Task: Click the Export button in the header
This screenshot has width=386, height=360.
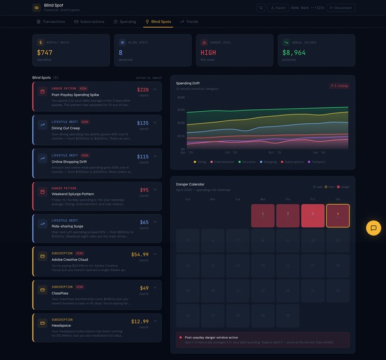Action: (278, 8)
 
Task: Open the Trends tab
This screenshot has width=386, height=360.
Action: (189, 21)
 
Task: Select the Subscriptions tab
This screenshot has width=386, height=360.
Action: (89, 21)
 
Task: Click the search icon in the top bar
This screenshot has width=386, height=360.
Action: (261, 8)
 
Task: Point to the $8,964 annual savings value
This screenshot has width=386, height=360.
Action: (294, 53)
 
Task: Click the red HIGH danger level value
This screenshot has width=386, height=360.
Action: (208, 53)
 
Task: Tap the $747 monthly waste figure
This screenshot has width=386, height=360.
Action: (45, 53)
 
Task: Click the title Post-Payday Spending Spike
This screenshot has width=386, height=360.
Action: (75, 95)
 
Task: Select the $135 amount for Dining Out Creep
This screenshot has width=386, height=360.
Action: (143, 123)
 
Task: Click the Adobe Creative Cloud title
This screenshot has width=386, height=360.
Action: (70, 259)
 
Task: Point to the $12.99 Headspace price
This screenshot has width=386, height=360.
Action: (140, 321)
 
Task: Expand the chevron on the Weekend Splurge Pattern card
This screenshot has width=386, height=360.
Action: (155, 189)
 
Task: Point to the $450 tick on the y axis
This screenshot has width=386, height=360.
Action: (181, 110)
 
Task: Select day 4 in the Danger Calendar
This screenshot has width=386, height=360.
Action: (338, 215)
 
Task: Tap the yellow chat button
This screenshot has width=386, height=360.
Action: (373, 228)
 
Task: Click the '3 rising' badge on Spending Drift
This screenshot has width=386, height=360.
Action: (339, 85)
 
